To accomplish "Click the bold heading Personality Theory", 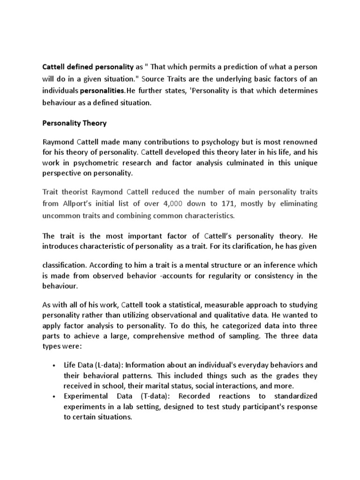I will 75,123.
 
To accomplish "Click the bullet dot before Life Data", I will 55,365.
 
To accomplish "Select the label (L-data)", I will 111,365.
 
